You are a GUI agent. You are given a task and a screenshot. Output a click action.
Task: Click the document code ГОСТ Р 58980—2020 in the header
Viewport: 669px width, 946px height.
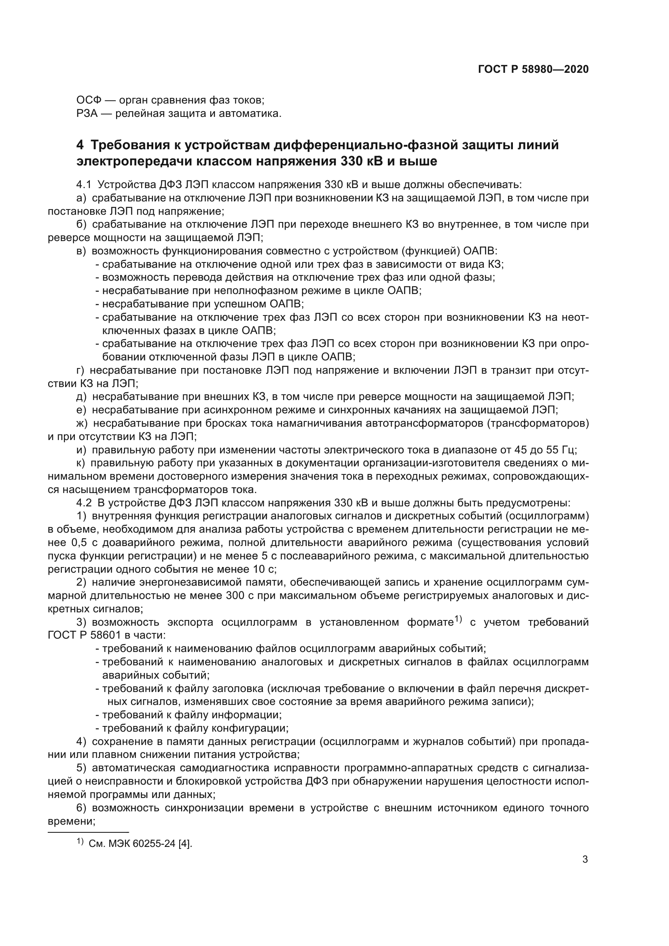534,69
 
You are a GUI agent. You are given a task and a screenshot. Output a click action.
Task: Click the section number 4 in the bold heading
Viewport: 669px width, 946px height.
80,145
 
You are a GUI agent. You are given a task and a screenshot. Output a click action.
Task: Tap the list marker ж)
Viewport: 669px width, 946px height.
82,423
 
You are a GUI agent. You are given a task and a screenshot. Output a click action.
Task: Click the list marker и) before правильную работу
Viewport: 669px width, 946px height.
82,449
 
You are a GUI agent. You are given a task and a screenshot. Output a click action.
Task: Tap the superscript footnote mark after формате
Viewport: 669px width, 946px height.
459,618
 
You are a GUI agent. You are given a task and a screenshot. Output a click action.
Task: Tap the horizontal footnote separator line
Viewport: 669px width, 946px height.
88,832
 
